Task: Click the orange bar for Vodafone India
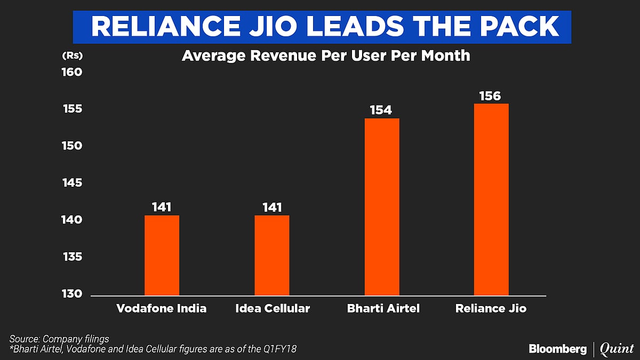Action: click(x=162, y=255)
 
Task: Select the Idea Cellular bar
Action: click(x=271, y=255)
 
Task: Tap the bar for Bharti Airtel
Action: click(x=382, y=206)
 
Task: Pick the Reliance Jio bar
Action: click(x=491, y=199)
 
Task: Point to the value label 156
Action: click(x=490, y=96)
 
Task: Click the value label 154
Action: click(x=381, y=110)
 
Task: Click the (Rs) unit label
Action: click(x=72, y=55)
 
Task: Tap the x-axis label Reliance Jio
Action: click(x=491, y=309)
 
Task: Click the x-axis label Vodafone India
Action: click(x=162, y=309)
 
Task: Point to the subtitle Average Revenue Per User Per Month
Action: click(x=326, y=55)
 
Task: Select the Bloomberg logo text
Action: click(x=557, y=349)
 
